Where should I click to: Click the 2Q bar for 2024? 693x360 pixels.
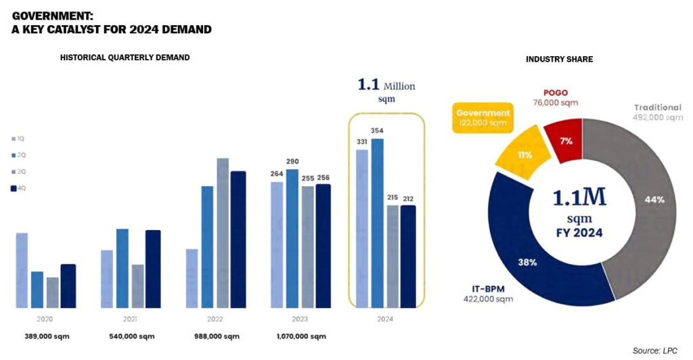(x=378, y=223)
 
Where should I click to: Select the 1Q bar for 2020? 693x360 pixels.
(x=22, y=270)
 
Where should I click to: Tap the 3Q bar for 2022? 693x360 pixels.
(x=223, y=233)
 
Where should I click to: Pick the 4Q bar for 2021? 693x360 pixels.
(x=153, y=269)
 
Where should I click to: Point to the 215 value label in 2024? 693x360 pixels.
(x=393, y=198)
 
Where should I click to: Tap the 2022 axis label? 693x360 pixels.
(x=215, y=318)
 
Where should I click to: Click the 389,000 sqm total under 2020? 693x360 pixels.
(x=46, y=336)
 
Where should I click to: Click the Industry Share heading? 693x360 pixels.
(x=559, y=60)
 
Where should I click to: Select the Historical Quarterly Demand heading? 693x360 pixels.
(x=125, y=58)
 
